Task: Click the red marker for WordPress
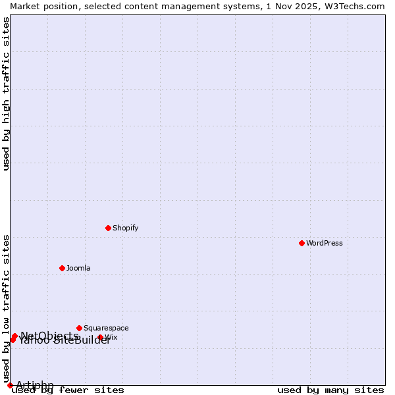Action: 302,243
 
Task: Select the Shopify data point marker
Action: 109,228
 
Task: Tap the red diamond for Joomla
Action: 63,268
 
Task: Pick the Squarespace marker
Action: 80,328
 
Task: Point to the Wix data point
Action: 101,337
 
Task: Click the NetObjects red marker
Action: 14,336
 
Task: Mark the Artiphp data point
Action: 10,385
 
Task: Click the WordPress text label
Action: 325,243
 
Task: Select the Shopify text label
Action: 126,228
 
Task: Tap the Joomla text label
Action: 78,268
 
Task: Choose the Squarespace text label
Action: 106,328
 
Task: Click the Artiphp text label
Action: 35,385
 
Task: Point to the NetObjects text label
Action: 49,336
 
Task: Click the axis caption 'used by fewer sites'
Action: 68,390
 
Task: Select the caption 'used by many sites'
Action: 330,390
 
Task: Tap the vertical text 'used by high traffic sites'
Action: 6,93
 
